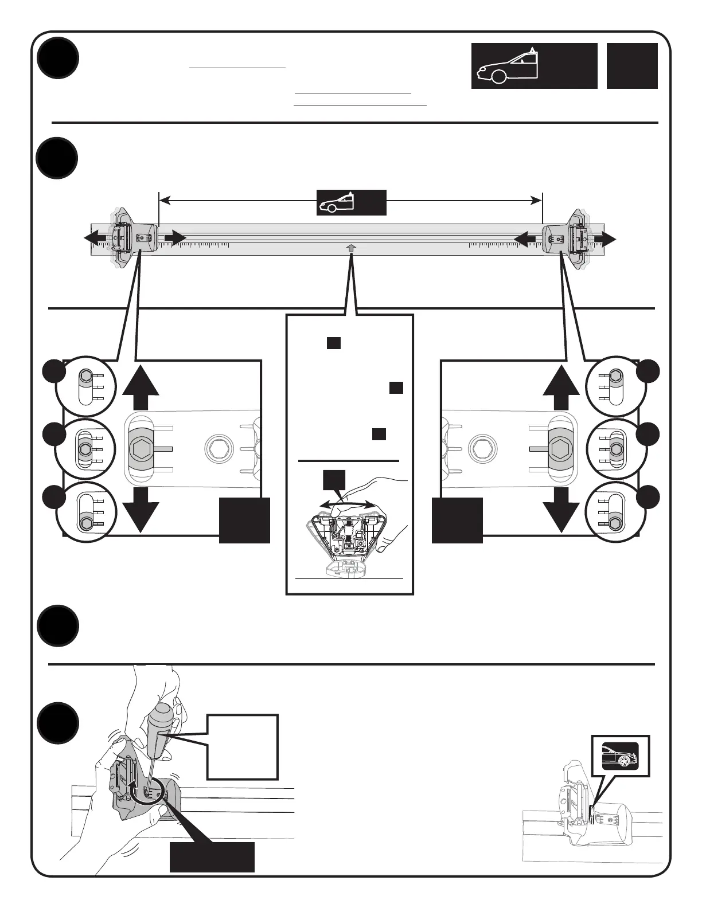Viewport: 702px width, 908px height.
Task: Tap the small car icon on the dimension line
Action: (x=337, y=203)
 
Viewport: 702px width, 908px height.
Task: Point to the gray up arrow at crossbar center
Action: (x=351, y=247)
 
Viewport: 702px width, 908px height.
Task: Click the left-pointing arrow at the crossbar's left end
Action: (x=95, y=238)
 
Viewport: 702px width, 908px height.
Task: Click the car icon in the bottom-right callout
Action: (x=620, y=756)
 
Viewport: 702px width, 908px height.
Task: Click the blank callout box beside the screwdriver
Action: (x=243, y=746)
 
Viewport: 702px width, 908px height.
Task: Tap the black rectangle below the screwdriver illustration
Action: (x=212, y=857)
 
